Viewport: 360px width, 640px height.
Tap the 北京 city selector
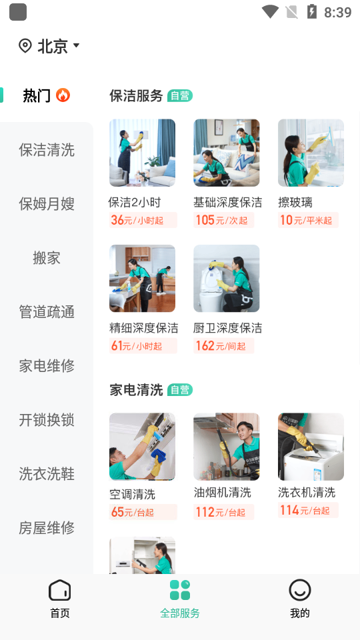click(x=50, y=46)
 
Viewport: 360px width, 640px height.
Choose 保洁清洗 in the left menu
click(x=47, y=150)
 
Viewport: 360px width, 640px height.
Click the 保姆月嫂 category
click(x=47, y=204)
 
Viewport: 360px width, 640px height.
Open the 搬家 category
click(x=47, y=258)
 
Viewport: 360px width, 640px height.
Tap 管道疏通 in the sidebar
click(x=47, y=312)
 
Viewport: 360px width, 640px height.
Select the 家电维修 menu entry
click(x=47, y=366)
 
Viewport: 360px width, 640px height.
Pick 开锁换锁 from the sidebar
click(x=47, y=420)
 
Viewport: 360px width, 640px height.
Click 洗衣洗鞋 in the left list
click(x=47, y=474)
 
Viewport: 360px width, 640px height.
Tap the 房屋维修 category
click(x=47, y=528)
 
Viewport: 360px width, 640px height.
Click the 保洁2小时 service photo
click(x=142, y=153)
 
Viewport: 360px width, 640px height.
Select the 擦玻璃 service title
click(x=295, y=202)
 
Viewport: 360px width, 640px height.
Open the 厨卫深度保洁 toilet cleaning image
click(x=227, y=278)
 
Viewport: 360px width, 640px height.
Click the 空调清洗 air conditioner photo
click(x=142, y=447)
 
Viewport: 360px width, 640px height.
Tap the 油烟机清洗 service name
click(x=223, y=493)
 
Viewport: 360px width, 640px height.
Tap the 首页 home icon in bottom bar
click(x=60, y=591)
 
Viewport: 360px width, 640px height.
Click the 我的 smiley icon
click(x=300, y=591)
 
